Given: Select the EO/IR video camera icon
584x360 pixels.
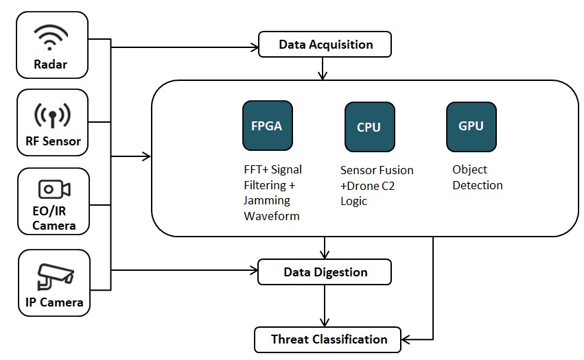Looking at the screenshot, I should (x=54, y=189).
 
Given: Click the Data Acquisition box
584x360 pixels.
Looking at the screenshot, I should (x=325, y=45).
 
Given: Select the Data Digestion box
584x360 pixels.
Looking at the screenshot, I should (x=325, y=272).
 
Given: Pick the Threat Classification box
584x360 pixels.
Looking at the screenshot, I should (x=328, y=339).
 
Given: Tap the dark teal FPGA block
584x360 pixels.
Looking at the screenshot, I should (x=268, y=125).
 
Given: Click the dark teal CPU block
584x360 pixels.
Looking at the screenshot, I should (x=369, y=127).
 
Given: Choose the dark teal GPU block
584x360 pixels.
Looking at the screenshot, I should (x=471, y=126).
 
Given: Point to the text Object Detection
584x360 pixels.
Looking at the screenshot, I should (x=477, y=178).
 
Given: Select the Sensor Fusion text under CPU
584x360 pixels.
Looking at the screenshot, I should (x=377, y=170).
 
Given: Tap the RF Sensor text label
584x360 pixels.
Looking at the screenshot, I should (x=52, y=142).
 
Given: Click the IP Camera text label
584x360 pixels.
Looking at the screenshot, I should (x=54, y=302).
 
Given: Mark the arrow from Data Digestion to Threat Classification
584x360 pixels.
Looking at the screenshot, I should (x=324, y=306).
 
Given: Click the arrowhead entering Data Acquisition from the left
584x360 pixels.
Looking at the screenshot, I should (x=254, y=47).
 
